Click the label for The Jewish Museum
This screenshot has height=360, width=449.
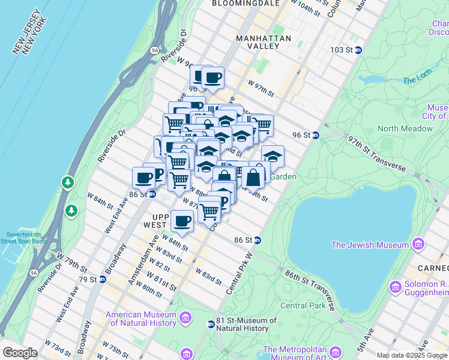[x=369, y=244]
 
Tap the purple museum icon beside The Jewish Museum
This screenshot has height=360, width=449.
[x=418, y=244]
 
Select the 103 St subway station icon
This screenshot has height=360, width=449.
[x=358, y=50]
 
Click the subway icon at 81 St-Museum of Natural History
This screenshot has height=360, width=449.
[x=211, y=325]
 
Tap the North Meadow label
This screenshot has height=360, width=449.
[x=405, y=128]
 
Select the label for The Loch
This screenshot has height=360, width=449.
[x=417, y=80]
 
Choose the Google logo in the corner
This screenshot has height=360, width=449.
[x=20, y=353]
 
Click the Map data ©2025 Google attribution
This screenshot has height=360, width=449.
[x=412, y=355]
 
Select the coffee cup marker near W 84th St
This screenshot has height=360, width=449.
[x=182, y=221]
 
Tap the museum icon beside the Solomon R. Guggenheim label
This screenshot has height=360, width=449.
[x=395, y=287]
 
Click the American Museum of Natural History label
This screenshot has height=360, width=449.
[x=142, y=319]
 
